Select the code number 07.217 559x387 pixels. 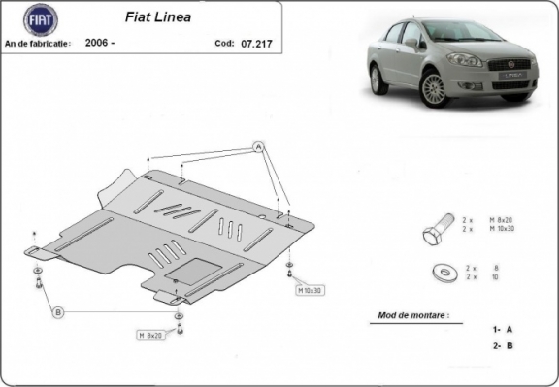pos(256,44)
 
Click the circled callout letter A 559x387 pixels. pos(259,146)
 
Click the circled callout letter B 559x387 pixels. pos(57,311)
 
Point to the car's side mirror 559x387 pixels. pos(411,45)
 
